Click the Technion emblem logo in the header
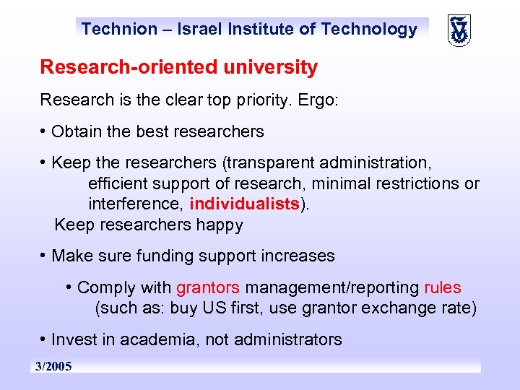(458, 30)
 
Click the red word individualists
(244, 204)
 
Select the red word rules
(442, 287)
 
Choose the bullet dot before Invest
(45, 339)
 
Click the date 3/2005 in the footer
(53, 367)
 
